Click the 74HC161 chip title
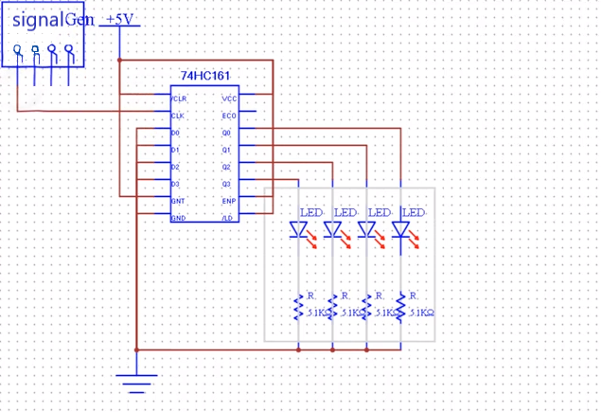(x=203, y=75)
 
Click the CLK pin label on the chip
(x=177, y=116)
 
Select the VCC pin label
(x=228, y=99)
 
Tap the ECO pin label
(x=228, y=116)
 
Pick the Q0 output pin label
(x=227, y=133)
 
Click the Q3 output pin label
(x=227, y=184)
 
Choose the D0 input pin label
(x=176, y=133)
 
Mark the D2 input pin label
(x=176, y=167)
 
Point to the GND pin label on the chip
(x=177, y=218)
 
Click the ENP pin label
(x=228, y=201)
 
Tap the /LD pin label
(x=228, y=218)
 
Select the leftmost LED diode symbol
(x=299, y=230)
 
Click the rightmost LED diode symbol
(x=401, y=230)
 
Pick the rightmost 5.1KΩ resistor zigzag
(x=401, y=306)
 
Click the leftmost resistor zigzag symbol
(x=299, y=306)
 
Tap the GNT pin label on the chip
(x=177, y=201)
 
